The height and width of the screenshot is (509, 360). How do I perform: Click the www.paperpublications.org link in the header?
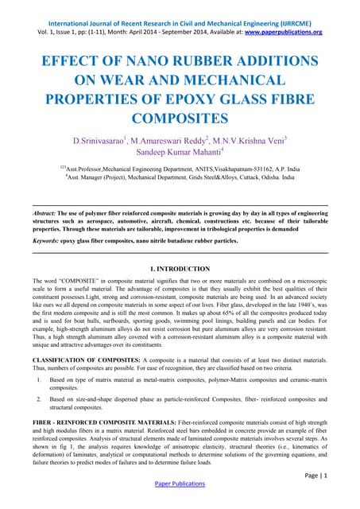(283, 32)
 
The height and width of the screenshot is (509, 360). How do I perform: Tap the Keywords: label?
(46, 238)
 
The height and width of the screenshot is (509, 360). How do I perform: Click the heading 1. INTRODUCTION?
(179, 270)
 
